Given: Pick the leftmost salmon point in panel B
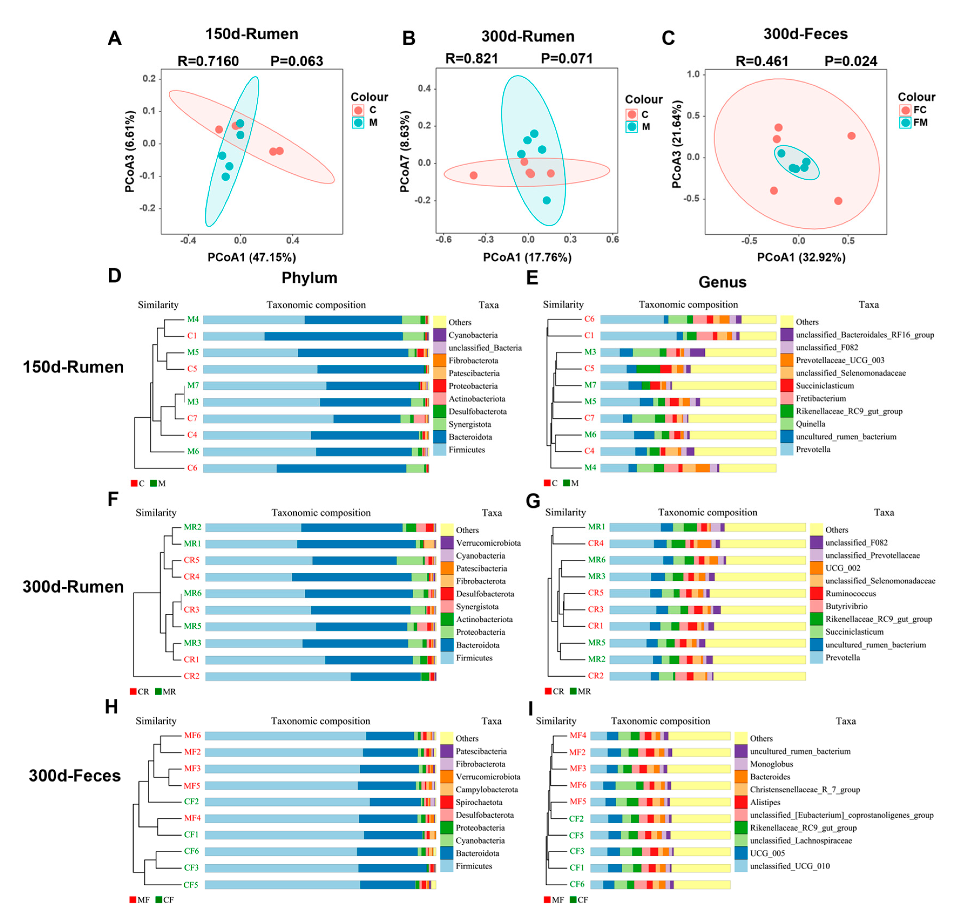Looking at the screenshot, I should (473, 175).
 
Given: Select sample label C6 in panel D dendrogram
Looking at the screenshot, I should (192, 468).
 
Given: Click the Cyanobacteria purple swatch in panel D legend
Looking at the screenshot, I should (439, 335).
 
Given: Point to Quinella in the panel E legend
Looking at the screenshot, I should (810, 424).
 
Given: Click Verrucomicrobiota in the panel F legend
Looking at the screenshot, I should (488, 543).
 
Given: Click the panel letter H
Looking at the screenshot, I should (112, 707).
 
